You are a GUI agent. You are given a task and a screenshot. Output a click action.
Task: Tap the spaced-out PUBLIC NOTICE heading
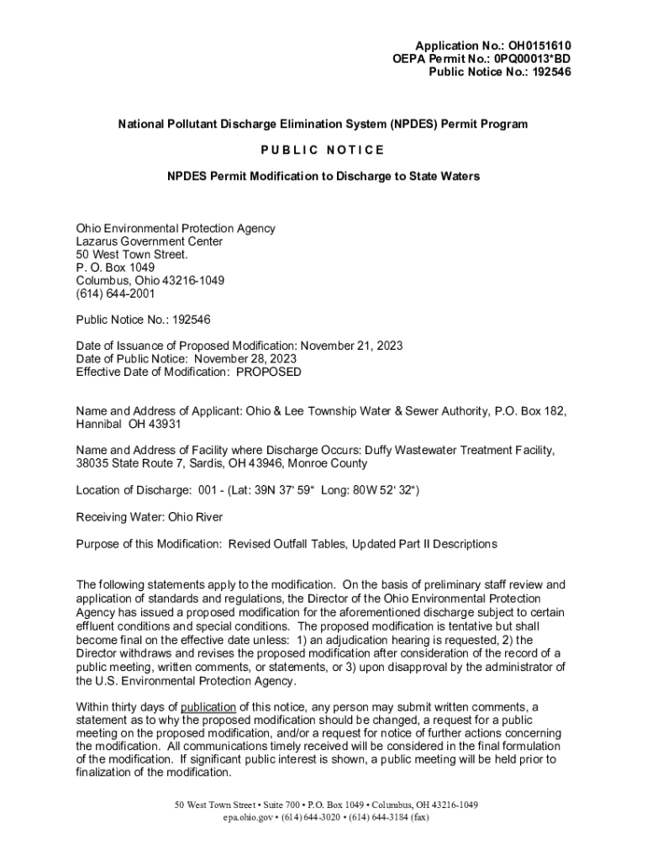[x=323, y=150]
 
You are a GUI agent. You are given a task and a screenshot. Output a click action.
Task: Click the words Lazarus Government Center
[x=150, y=241]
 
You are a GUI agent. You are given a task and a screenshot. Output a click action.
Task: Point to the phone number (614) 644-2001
[x=115, y=293]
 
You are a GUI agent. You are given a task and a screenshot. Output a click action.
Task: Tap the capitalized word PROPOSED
[x=268, y=372]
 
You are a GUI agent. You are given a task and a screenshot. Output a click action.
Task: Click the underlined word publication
[x=208, y=706]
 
